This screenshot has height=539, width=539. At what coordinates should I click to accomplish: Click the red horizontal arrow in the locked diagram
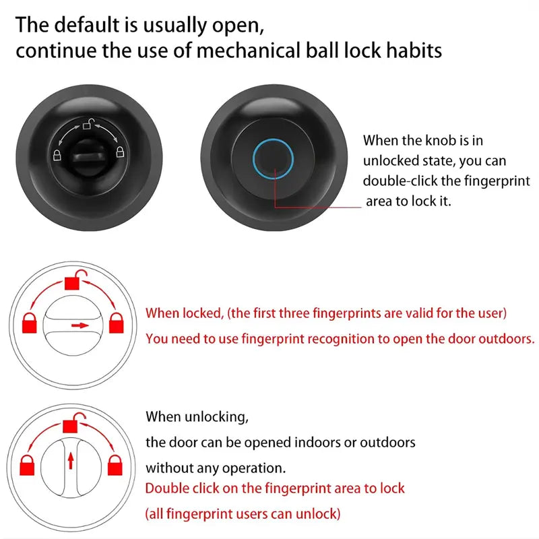(x=80, y=325)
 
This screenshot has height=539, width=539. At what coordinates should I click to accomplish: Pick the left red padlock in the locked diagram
(x=29, y=323)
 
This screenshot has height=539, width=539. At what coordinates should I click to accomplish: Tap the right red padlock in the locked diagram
(x=117, y=322)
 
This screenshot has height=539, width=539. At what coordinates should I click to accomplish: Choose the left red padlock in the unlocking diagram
(x=27, y=465)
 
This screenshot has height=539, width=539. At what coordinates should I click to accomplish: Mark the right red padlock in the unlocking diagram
(x=117, y=465)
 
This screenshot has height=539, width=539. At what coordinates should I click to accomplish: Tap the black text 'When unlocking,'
(x=197, y=417)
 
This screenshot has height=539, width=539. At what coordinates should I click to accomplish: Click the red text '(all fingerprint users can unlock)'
(x=243, y=514)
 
